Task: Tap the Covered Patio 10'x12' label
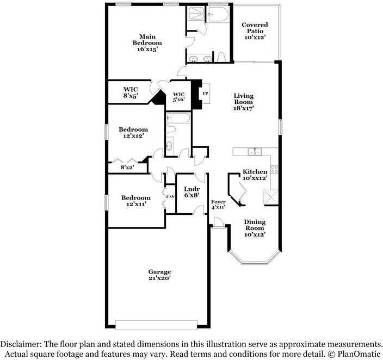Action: point(255,32)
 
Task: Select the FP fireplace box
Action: point(205,94)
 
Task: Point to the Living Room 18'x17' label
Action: point(244,102)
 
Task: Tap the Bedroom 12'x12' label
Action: point(133,133)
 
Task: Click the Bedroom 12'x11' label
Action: point(135,201)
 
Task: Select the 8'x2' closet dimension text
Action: point(127,167)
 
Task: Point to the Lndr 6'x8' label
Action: point(191,191)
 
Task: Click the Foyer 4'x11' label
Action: point(218,204)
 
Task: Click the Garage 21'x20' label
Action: point(160,275)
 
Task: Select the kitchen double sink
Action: point(254,152)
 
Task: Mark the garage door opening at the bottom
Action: point(156,325)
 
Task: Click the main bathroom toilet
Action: point(221,57)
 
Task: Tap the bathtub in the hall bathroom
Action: point(178,118)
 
